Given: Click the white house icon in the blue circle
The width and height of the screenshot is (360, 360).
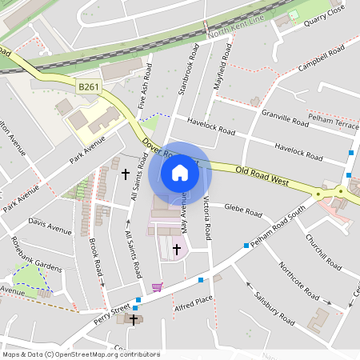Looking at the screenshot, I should [180, 172].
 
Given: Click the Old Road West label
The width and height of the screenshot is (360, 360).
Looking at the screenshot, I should [262, 176].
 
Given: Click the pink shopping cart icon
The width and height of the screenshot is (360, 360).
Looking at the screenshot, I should [157, 286].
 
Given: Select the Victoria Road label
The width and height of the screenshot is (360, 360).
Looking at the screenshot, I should [206, 217].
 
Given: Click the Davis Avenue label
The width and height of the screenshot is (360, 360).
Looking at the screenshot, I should [49, 226].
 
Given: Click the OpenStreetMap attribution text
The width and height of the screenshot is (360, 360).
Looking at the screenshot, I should [80, 354].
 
